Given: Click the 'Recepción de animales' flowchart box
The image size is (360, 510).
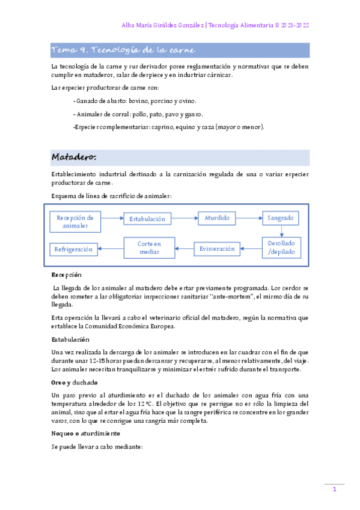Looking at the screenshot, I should click(x=75, y=221).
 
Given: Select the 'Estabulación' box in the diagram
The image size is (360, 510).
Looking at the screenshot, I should click(x=147, y=219).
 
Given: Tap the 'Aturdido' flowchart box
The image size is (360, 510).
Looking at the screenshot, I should click(x=217, y=218).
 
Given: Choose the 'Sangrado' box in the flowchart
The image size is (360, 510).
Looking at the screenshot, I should click(x=280, y=218).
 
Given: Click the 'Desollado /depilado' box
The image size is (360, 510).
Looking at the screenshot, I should click(x=282, y=248).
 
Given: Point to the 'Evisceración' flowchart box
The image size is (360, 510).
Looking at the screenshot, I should click(x=217, y=248).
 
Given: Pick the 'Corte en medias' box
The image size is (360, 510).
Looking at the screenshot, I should click(x=149, y=248).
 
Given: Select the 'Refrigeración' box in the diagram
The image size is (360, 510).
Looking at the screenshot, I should click(x=74, y=249).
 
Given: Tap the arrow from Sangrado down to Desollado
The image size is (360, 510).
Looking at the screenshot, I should click(x=282, y=231).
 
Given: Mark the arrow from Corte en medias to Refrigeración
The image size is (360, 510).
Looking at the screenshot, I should click(x=111, y=248).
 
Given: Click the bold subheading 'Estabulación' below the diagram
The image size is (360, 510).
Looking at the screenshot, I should click(x=70, y=340).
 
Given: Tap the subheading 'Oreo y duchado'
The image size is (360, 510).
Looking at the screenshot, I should click(x=75, y=382).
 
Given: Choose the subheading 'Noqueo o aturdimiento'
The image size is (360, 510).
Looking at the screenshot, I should click(x=86, y=433).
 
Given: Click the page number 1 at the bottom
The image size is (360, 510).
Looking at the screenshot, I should click(x=334, y=490).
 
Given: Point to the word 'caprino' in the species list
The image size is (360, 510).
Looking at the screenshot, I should click(x=166, y=127).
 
